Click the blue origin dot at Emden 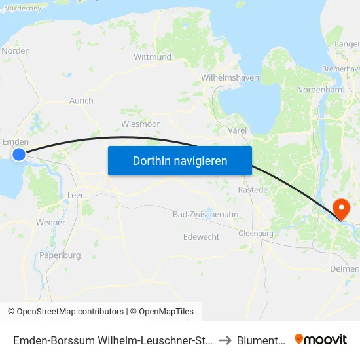[x=19, y=154]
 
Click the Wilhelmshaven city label [x=230, y=77]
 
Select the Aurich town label [x=81, y=101]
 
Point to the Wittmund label [x=153, y=57]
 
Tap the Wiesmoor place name [x=141, y=124]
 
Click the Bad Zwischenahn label [x=205, y=214]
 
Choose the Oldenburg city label [x=255, y=233]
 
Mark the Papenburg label [x=60, y=255]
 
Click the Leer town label [x=75, y=195]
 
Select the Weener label [x=50, y=223]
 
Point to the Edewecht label [x=202, y=237]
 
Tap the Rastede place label [x=253, y=190]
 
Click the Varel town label [x=237, y=130]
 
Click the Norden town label [x=16, y=50]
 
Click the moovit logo [x=320, y=339]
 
